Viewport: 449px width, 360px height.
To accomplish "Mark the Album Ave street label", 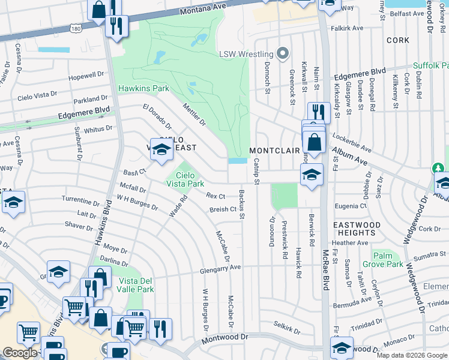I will (349, 154).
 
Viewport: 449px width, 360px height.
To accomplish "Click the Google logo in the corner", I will (20, 353).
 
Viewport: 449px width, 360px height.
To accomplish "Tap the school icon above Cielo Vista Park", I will (161, 150).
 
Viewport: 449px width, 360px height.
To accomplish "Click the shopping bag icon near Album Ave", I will (313, 143).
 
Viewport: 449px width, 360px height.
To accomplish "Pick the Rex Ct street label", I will (215, 196).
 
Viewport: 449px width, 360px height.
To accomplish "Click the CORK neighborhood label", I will (398, 40).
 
